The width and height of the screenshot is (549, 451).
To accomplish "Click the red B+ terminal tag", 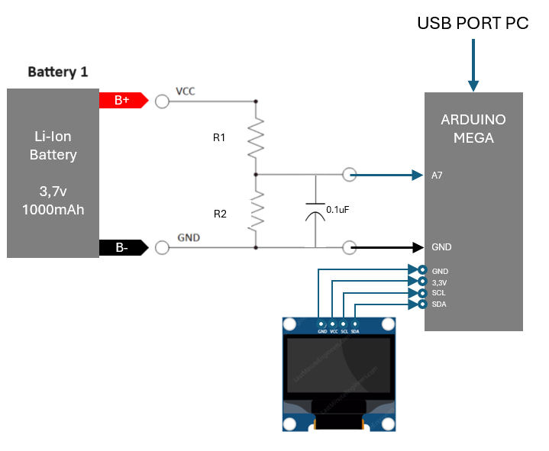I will point(123,101).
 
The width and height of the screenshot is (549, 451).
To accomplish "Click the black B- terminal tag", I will point(122,247).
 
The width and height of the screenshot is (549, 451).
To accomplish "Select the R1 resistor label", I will point(220,138).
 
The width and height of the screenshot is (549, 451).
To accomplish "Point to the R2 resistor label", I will point(220,214).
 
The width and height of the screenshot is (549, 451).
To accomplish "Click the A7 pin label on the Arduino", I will point(438,176).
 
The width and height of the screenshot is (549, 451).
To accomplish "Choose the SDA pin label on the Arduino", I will point(439,304).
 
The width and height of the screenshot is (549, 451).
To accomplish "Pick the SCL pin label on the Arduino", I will point(439,293).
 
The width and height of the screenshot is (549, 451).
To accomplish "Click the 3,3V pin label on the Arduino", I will point(440,282).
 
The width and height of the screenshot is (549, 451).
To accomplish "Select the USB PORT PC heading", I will point(473,24).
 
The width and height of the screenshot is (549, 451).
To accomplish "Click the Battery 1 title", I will point(58,72).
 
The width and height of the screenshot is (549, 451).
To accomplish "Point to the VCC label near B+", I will point(186,92).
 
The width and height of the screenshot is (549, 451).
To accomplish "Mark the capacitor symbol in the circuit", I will point(315,210).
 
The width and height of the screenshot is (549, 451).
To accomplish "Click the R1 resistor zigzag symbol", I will point(256,138).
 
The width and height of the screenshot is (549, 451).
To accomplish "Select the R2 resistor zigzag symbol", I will point(256,211).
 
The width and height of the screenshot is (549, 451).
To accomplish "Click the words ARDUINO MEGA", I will point(473,129).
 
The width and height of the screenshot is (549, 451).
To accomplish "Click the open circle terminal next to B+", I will point(162,101).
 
